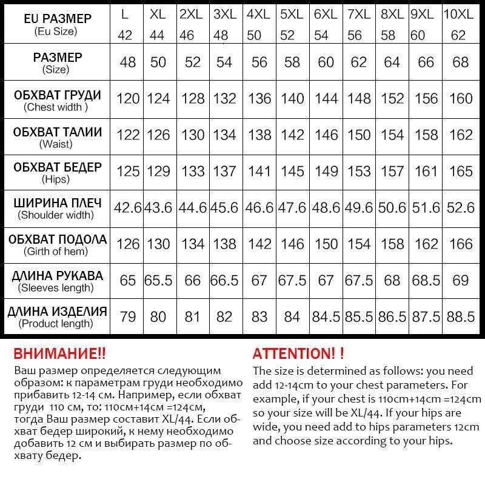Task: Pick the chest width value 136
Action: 260,98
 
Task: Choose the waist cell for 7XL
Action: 359,135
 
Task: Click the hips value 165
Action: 460,171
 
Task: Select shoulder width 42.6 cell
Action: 128,208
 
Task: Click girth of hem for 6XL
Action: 326,244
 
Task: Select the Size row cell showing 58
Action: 292,62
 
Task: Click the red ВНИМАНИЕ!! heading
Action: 59,353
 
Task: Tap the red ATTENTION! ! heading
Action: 298,353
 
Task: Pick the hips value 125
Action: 128,171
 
